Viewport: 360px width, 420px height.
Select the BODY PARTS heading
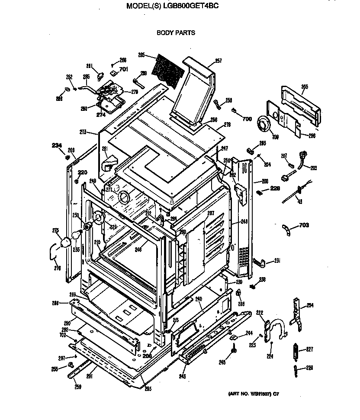pyautogui.click(x=176, y=32)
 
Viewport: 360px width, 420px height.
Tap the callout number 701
pyautogui.click(x=123, y=69)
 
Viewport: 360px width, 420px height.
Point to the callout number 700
pyautogui.click(x=247, y=119)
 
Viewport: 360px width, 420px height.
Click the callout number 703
pyautogui.click(x=304, y=225)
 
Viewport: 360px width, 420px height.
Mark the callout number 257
pyautogui.click(x=218, y=61)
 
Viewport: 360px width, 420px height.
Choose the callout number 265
pyautogui.click(x=305, y=87)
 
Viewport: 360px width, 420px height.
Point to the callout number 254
pyautogui.click(x=310, y=305)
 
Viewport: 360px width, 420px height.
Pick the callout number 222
pyautogui.click(x=260, y=313)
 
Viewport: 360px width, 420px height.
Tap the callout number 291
pyautogui.click(x=89, y=376)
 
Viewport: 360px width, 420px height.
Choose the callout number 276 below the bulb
pyautogui.click(x=57, y=268)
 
